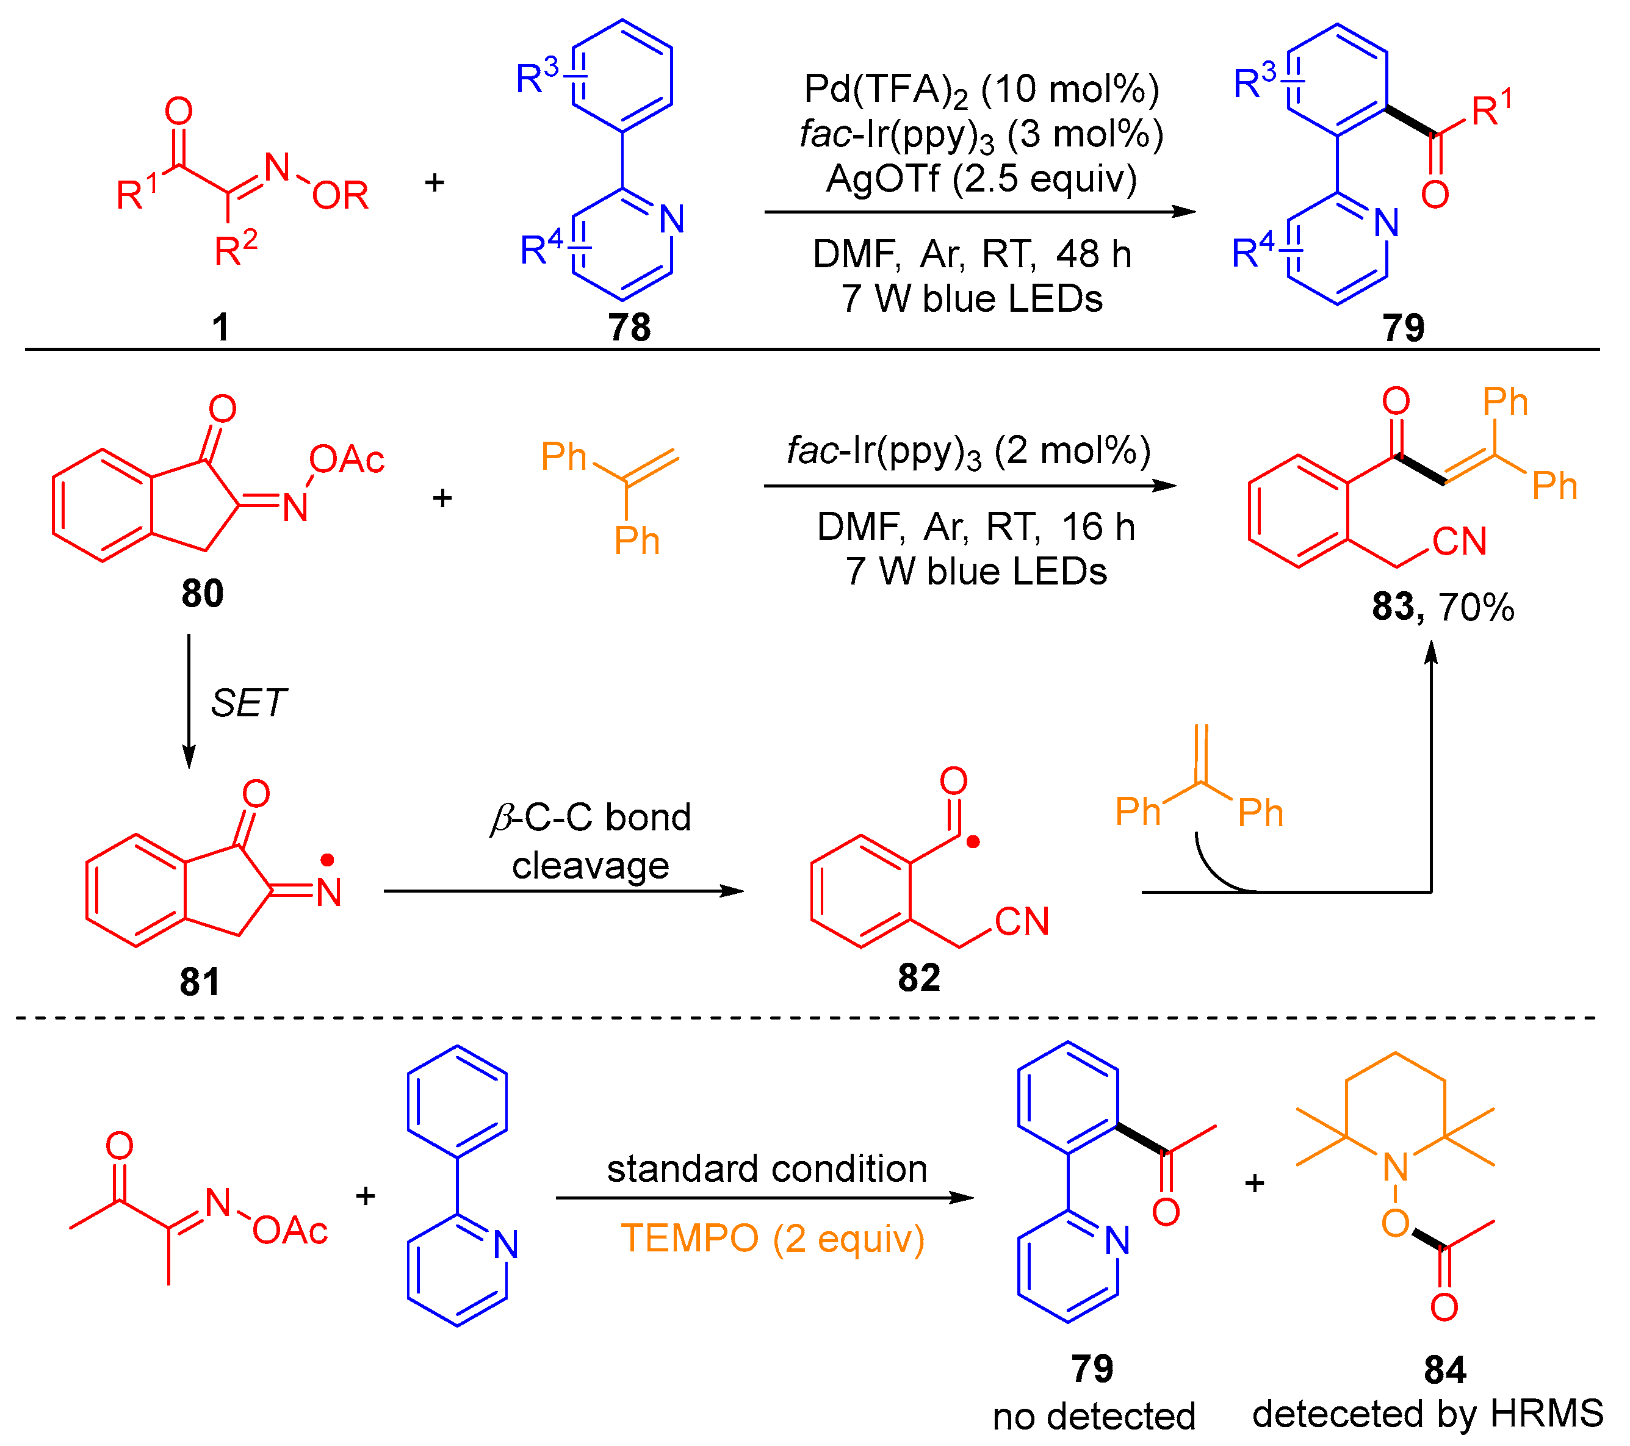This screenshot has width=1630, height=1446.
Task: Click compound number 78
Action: [629, 328]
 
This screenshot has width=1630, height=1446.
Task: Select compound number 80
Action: [203, 594]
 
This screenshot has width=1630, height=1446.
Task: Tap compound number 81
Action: [200, 982]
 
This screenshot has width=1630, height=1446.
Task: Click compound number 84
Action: [1444, 1370]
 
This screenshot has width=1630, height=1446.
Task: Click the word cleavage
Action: [590, 866]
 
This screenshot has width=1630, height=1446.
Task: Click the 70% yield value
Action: [1476, 608]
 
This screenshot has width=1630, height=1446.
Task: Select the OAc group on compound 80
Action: [347, 460]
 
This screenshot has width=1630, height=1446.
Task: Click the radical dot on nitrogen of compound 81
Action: [328, 859]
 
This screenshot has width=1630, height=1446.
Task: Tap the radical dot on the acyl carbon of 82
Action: [973, 842]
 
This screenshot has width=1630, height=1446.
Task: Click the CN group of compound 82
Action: [1022, 923]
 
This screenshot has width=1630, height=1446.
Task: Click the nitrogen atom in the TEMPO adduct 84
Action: [1396, 1168]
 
